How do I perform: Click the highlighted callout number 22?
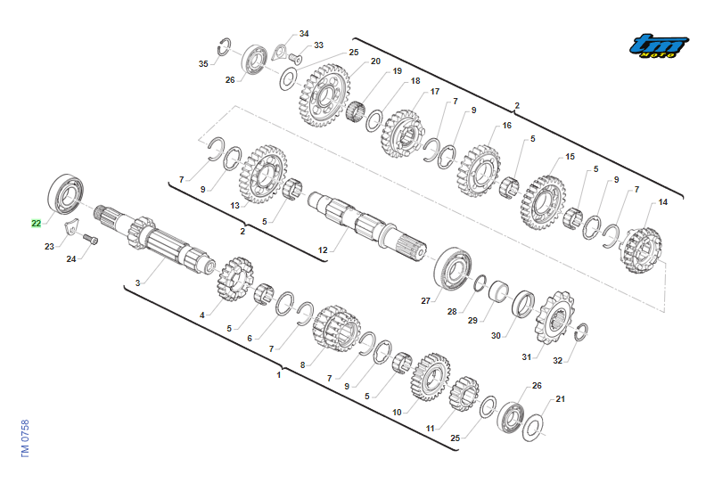[36, 224]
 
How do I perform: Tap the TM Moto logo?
[659, 46]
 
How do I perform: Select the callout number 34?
[304, 34]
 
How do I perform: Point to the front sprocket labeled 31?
[554, 318]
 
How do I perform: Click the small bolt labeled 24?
[91, 239]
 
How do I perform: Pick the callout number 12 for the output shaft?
[323, 250]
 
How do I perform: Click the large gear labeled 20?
[324, 95]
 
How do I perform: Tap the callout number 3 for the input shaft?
[138, 282]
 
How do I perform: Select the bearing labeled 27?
[453, 268]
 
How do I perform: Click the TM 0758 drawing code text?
[25, 438]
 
